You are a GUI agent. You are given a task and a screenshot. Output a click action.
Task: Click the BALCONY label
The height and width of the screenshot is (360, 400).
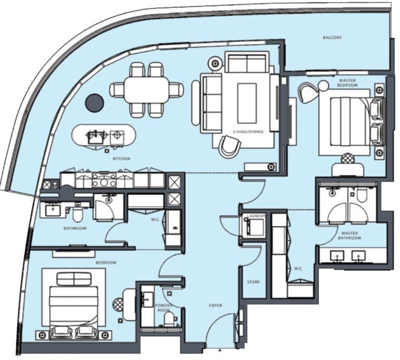[x=332, y=38]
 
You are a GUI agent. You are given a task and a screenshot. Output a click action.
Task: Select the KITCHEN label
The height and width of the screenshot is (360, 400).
[x=121, y=159]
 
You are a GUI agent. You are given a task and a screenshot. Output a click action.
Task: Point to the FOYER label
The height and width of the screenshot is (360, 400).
[x=215, y=305]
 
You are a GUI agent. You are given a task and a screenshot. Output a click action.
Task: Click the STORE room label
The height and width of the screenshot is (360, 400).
[x=253, y=282]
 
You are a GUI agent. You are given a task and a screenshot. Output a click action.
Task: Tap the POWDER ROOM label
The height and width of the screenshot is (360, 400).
[x=164, y=308]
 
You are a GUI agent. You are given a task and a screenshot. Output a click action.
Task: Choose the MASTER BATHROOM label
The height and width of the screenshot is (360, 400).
[x=349, y=235]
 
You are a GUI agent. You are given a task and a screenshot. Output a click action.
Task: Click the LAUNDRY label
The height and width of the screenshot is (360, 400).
[x=256, y=216]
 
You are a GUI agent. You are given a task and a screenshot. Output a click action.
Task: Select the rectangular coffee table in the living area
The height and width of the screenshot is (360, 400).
[x=247, y=103]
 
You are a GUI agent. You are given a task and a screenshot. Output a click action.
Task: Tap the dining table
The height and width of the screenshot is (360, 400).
[x=147, y=90]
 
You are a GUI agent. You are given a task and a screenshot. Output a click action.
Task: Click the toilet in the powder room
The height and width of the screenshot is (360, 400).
[x=169, y=319]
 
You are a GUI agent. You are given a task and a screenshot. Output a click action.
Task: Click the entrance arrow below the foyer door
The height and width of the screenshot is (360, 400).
[x=220, y=351]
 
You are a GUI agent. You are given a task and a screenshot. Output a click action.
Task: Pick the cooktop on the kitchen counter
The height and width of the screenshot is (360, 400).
[x=104, y=180]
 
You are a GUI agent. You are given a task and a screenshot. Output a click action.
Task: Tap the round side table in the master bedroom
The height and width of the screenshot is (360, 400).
[x=323, y=86]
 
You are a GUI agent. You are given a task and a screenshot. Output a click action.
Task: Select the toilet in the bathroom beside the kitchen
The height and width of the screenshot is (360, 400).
[x=77, y=215]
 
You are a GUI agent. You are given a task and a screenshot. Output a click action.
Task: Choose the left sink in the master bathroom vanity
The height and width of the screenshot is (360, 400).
[x=337, y=256]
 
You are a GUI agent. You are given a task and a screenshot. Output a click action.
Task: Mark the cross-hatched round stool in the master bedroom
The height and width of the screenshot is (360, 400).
[x=348, y=159]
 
